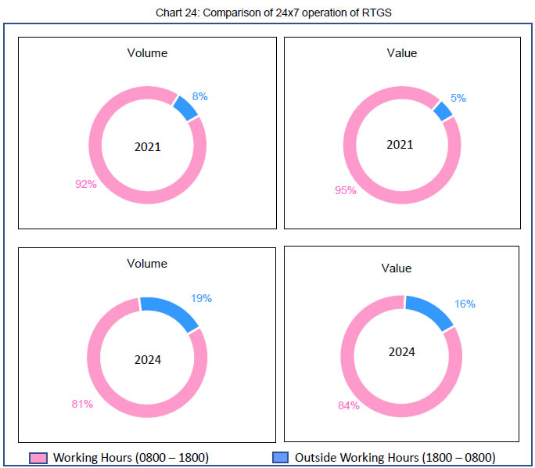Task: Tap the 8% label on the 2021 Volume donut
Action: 199,96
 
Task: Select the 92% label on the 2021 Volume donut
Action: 85,184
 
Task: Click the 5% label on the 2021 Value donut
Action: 458,98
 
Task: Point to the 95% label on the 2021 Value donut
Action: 346,190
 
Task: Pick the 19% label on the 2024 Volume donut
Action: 201,298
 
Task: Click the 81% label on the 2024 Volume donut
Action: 82,404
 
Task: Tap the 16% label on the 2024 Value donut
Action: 465,304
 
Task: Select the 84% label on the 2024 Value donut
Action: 349,405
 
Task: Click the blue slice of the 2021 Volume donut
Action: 185,108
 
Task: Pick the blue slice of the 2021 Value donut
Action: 443,111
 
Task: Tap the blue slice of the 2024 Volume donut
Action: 169,312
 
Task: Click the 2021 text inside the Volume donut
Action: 147,146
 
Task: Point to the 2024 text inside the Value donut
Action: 402,351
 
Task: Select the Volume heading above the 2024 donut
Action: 147,264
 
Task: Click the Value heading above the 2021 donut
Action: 402,53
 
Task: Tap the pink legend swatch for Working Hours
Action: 38,457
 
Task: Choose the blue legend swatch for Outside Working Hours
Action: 280,457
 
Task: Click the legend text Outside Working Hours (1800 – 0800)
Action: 396,457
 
